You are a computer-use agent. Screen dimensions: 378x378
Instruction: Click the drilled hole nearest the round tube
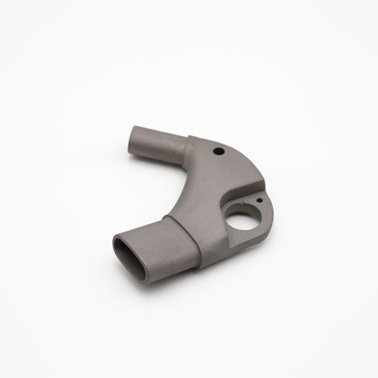[219, 151]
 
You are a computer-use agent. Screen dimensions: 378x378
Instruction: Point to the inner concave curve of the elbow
[177, 194]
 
